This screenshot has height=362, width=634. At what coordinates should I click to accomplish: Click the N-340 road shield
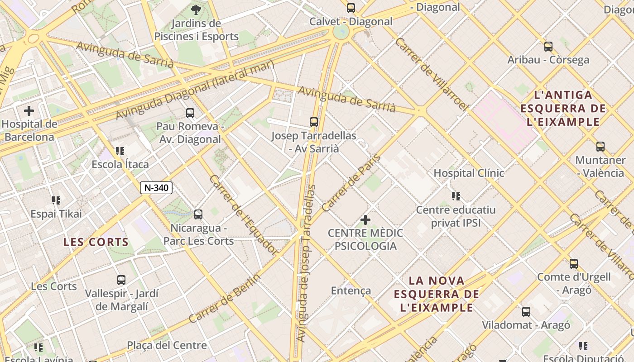(156, 188)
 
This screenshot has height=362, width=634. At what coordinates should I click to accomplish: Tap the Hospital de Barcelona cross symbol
(29, 111)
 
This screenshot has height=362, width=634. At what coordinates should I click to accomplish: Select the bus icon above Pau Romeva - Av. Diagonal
(190, 113)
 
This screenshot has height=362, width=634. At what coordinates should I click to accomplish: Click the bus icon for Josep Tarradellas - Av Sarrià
(314, 122)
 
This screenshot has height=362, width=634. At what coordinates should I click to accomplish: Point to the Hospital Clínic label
(469, 173)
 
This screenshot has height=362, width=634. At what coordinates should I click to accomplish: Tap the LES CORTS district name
(96, 242)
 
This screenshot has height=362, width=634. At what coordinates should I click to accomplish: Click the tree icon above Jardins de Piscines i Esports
(196, 10)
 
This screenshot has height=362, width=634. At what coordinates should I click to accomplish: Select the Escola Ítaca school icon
(120, 151)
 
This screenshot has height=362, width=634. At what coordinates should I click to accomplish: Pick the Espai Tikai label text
(56, 214)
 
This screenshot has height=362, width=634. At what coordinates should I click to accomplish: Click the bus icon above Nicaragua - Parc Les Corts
(198, 214)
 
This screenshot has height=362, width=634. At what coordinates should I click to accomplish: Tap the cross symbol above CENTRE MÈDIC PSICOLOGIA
(365, 220)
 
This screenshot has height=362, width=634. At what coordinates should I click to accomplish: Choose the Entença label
(351, 291)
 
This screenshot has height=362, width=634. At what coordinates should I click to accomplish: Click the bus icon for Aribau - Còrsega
(548, 46)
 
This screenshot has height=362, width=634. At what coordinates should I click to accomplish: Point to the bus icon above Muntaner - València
(600, 147)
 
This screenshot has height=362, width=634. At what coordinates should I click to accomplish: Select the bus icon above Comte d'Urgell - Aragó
(574, 263)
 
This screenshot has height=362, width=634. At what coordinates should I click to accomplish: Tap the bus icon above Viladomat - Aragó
(526, 311)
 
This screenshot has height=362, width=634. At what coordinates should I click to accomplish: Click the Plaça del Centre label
(167, 346)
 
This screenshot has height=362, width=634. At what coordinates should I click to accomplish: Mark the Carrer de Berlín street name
(225, 298)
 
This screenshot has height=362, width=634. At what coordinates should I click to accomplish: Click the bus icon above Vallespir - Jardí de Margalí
(121, 280)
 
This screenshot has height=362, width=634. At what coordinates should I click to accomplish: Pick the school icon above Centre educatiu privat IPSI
(456, 196)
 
